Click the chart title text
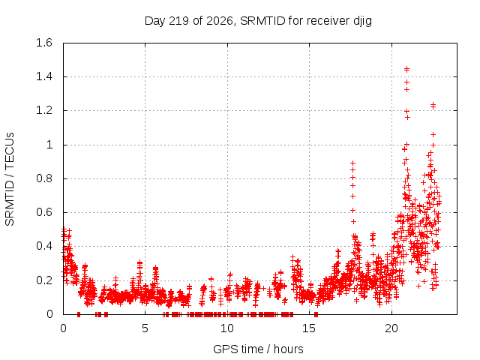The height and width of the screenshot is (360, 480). point(258,21)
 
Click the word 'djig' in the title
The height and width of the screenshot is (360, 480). point(363,21)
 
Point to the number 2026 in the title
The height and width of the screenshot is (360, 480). point(220,21)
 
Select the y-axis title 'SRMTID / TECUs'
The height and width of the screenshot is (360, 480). point(10,179)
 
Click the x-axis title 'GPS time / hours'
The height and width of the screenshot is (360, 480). point(258,349)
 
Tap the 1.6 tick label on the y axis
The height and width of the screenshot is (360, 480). point(44,43)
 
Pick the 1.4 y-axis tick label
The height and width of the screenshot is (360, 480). point(44,76)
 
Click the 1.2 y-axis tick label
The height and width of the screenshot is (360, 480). point(44,110)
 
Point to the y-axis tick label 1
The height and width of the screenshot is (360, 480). point(49,145)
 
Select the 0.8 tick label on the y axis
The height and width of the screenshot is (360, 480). point(44,178)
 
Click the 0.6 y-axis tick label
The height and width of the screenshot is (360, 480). point(44,212)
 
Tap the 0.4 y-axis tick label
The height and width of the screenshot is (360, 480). point(44,246)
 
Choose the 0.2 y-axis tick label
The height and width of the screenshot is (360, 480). point(44,280)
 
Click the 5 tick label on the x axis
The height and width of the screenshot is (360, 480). point(145,328)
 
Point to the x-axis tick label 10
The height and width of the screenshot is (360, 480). point(227,328)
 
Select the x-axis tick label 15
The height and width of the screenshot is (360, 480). point(309,328)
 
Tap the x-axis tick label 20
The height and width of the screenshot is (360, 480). point(391,328)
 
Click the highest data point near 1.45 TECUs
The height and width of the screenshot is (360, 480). point(406,68)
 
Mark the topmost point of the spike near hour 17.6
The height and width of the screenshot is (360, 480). point(352,163)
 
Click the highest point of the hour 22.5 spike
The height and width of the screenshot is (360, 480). point(433,105)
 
